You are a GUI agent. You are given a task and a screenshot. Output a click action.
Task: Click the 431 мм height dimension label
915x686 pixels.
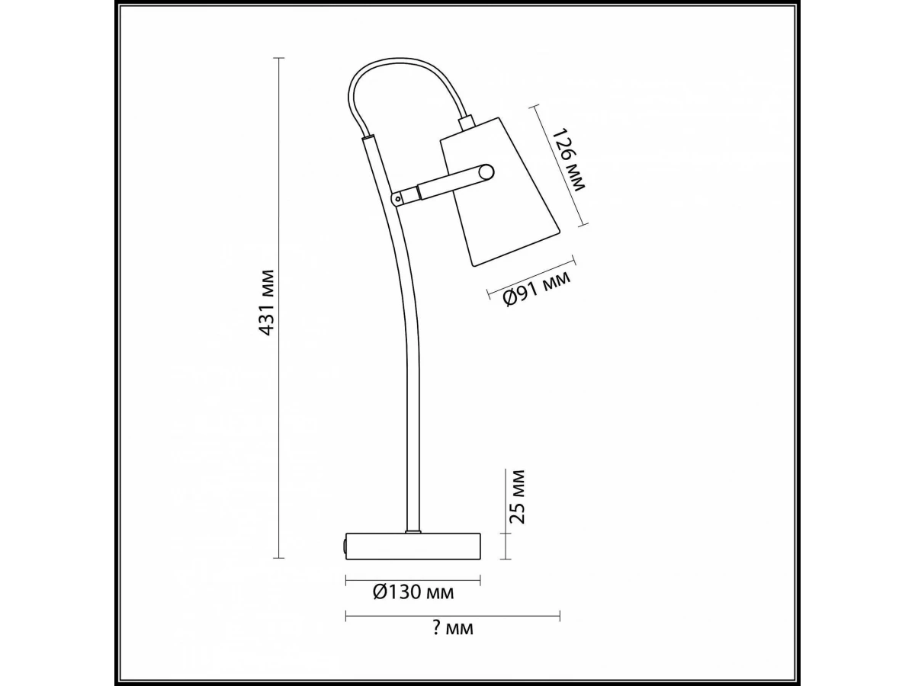click(266, 303)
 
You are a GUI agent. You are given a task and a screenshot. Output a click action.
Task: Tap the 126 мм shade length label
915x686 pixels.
click(569, 159)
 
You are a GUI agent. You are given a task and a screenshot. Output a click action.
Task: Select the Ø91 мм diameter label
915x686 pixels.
click(536, 288)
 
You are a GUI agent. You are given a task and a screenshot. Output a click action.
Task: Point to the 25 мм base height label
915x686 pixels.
click(518, 497)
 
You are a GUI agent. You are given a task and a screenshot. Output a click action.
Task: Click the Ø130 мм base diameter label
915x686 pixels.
click(413, 592)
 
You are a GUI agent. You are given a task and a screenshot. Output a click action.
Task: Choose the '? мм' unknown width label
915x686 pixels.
click(453, 627)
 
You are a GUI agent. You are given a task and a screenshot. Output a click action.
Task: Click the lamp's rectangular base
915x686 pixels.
click(413, 547)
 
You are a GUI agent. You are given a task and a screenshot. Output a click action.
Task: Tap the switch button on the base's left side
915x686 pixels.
click(344, 546)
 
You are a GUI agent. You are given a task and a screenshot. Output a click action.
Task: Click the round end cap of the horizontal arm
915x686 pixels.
click(486, 172)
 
